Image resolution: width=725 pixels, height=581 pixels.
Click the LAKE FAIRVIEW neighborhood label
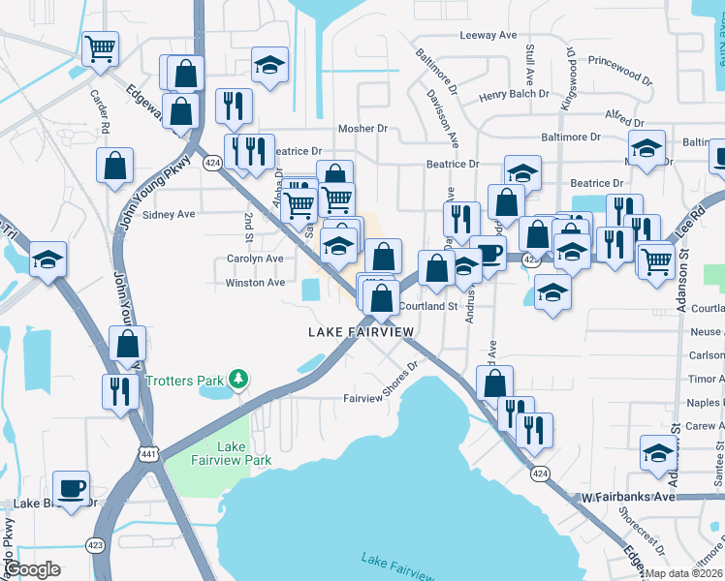pyautogui.click(x=361, y=332)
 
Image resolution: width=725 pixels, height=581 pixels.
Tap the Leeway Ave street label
pyautogui.click(x=488, y=35)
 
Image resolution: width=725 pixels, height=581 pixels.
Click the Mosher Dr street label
pyautogui.click(x=362, y=128)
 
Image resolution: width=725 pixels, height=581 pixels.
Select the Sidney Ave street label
pyautogui.click(x=169, y=214)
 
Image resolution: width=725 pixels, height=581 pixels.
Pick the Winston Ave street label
pyautogui.click(x=255, y=283)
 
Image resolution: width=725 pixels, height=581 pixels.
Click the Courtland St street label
pyautogui.click(x=427, y=306)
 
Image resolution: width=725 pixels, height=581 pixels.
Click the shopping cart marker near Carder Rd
pyautogui.click(x=101, y=48)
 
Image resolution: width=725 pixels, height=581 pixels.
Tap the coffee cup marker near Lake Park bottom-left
pyautogui.click(x=71, y=486)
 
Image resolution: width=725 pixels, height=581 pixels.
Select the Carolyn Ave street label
pyautogui.click(x=254, y=260)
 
